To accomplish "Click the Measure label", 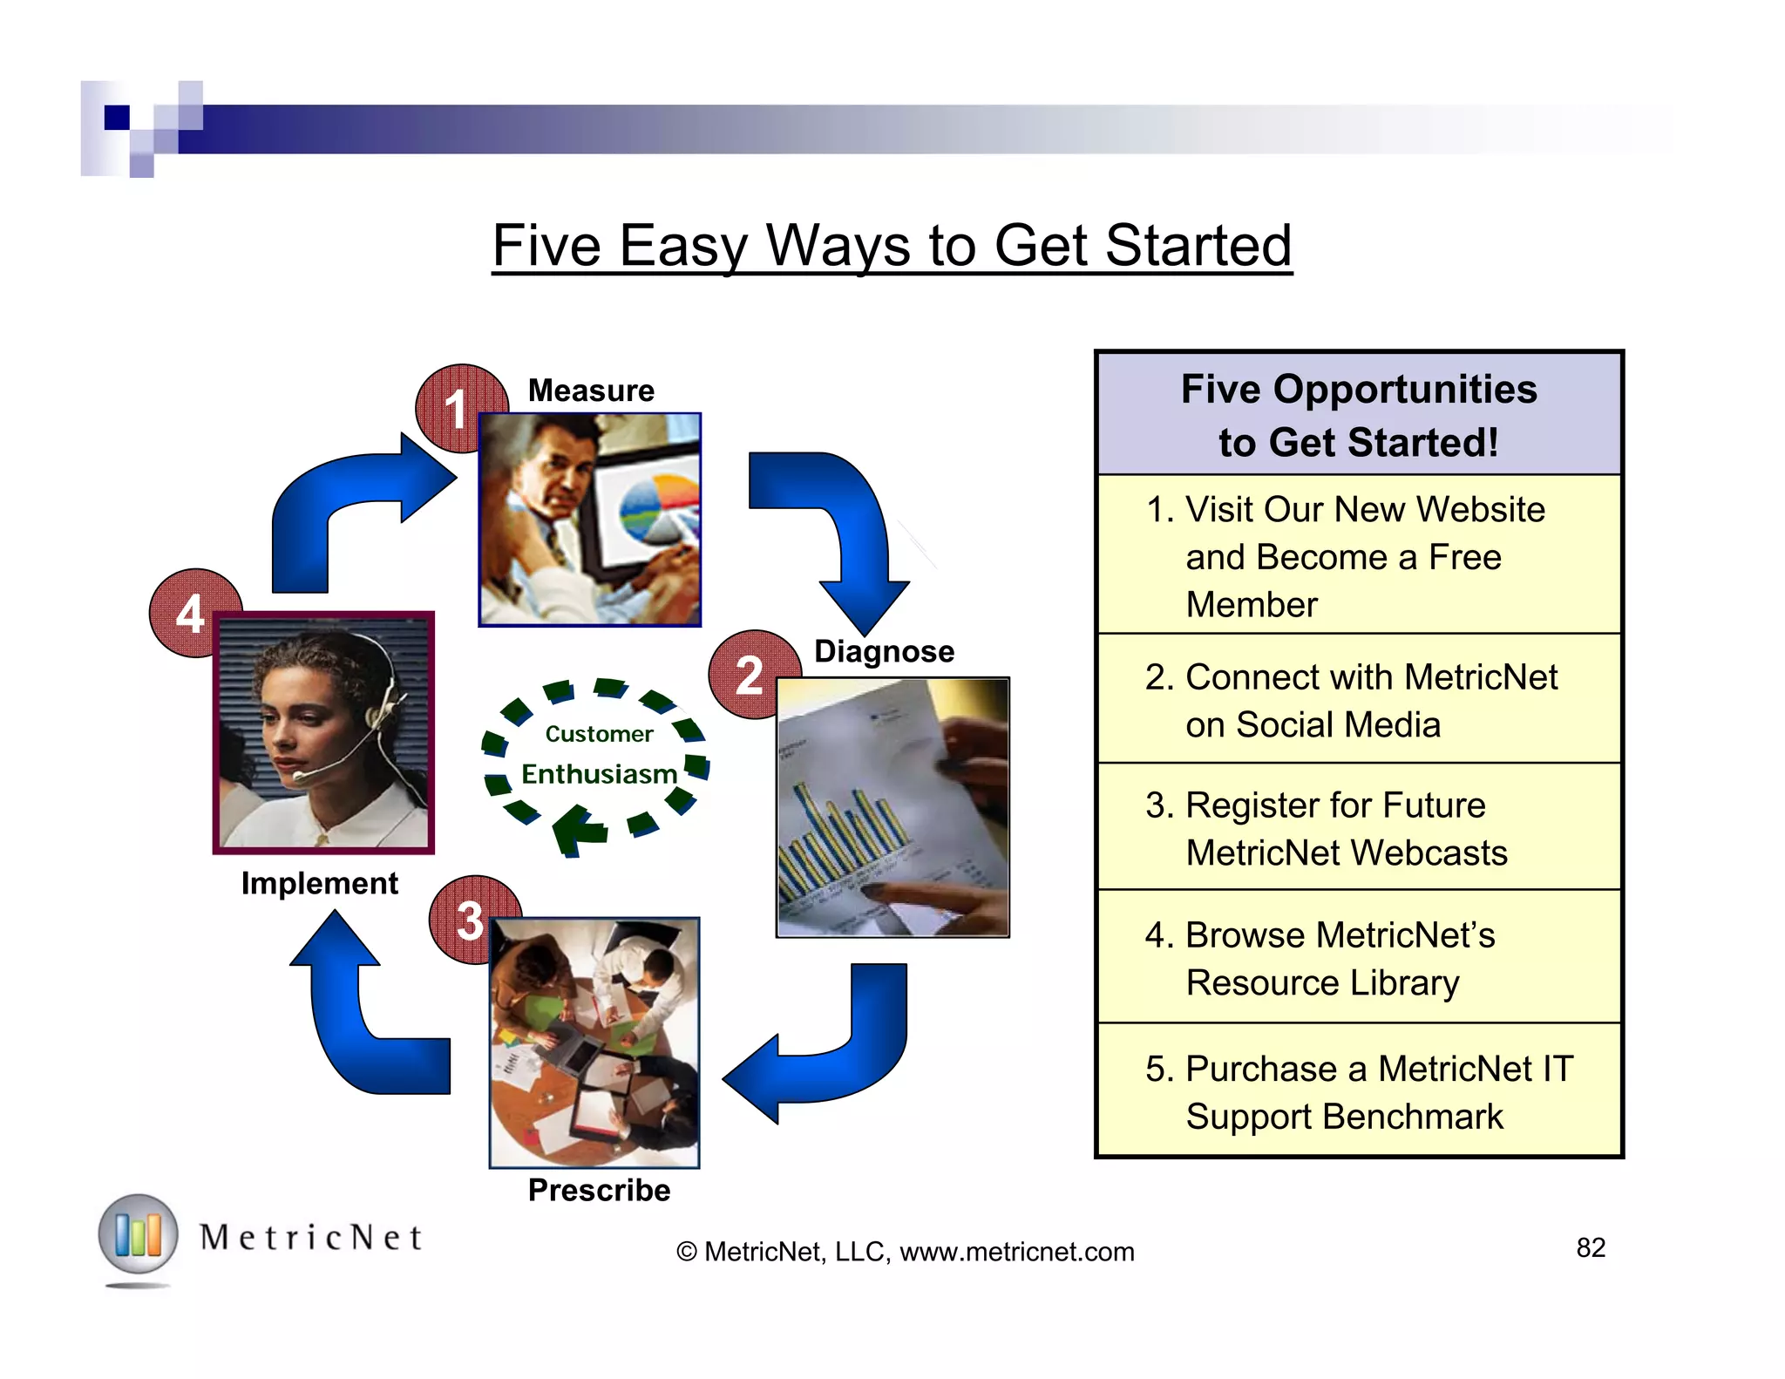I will [591, 391].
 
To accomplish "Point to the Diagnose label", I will [884, 651].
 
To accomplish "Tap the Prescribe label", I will [599, 1190].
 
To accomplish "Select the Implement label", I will [319, 883].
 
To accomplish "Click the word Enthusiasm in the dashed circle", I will [599, 774].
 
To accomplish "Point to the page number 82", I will [1590, 1247].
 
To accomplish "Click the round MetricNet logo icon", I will [138, 1234].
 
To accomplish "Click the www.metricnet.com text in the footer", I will [1016, 1252].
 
